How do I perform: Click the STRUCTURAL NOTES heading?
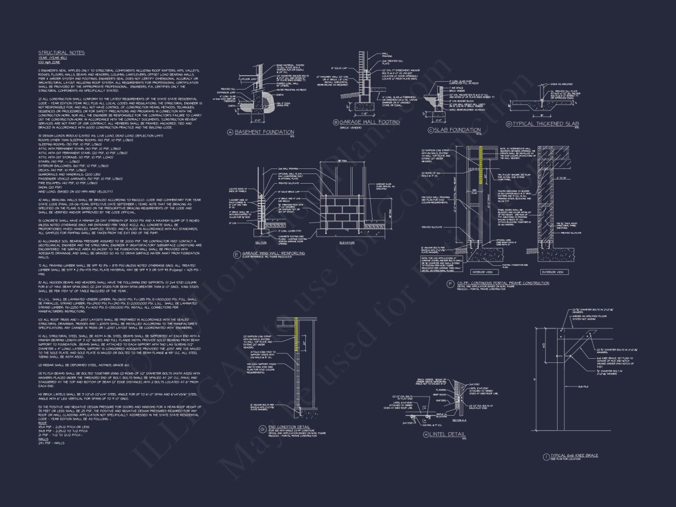(x=61, y=53)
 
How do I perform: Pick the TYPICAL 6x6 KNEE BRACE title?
(x=575, y=455)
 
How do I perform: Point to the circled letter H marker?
(x=426, y=434)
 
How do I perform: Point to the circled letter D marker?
(x=509, y=124)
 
